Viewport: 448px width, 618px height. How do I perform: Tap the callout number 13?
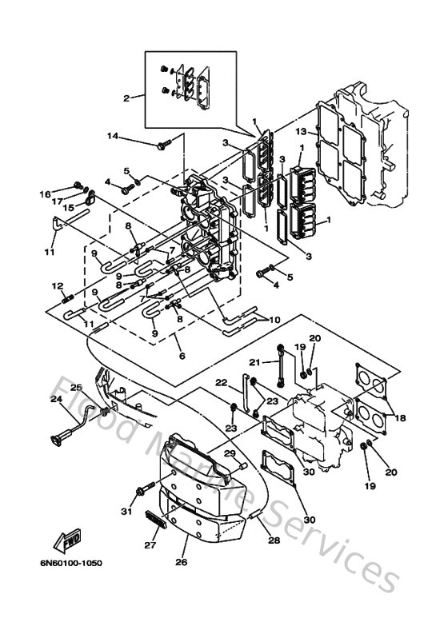(x=300, y=131)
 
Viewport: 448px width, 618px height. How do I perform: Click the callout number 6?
(x=182, y=356)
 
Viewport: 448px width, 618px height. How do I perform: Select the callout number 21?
(x=255, y=339)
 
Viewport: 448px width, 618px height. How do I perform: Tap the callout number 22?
(x=222, y=382)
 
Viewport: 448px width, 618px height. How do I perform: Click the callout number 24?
(x=57, y=400)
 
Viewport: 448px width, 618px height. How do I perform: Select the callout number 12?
(x=57, y=285)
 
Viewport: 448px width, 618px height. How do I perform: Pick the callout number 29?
(x=229, y=453)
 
